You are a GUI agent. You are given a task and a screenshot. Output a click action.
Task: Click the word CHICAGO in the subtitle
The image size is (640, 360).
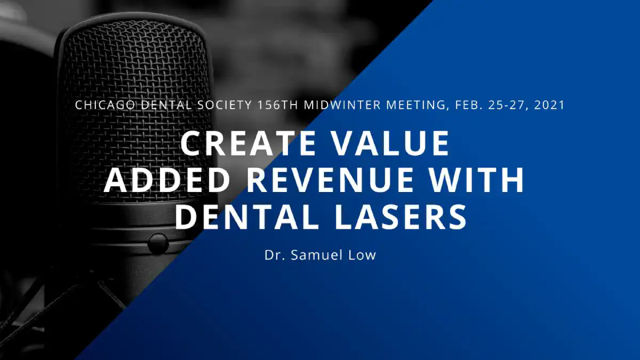(x=105, y=105)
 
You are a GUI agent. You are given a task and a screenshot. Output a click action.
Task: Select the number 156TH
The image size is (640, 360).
(x=278, y=105)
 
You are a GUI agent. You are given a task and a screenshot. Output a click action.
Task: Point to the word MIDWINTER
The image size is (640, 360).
(x=342, y=105)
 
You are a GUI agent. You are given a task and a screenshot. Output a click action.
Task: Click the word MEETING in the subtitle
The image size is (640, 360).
(x=415, y=106)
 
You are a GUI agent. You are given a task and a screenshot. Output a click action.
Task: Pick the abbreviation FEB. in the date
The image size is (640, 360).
(x=469, y=105)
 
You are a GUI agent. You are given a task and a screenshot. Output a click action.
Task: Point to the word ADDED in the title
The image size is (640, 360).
(x=167, y=180)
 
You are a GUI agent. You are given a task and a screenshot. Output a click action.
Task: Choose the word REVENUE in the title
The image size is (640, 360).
(x=330, y=180)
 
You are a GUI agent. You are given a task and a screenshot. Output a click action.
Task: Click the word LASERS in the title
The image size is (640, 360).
(x=401, y=217)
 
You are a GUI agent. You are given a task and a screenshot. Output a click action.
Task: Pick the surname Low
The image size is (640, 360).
(x=362, y=255)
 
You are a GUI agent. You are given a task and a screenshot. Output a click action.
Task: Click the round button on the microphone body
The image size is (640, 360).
(x=158, y=244)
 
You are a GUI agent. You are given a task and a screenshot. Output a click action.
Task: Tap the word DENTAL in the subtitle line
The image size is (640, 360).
(x=166, y=105)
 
